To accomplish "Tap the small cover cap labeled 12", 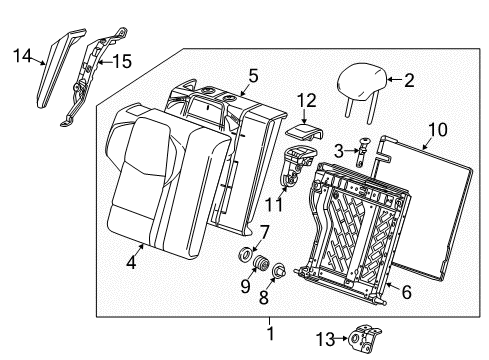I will (x=302, y=129).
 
